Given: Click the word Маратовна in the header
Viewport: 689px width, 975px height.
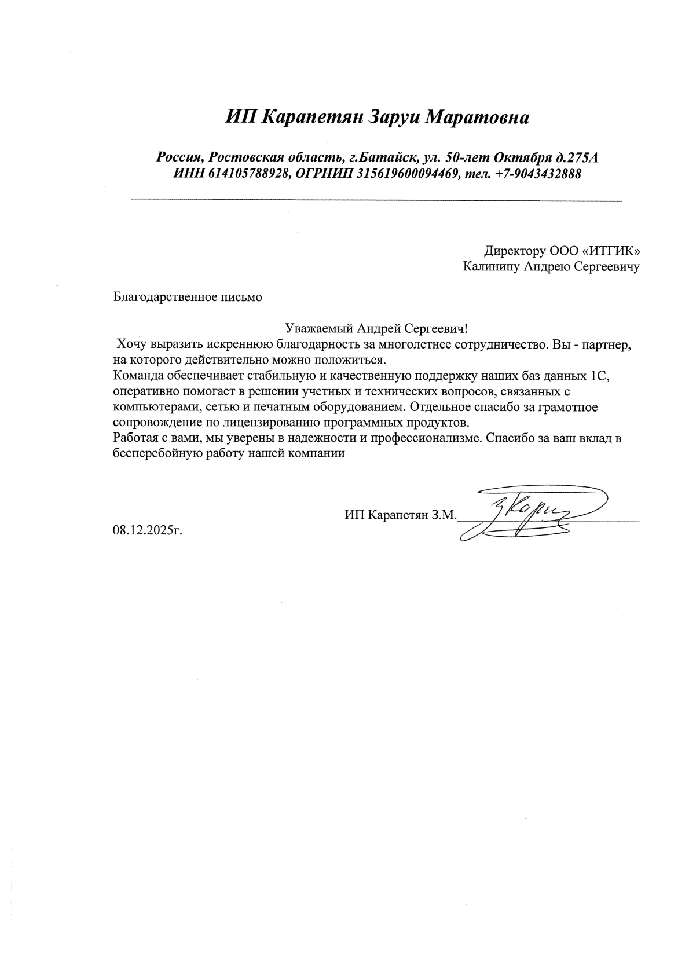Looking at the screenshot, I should tap(477, 118).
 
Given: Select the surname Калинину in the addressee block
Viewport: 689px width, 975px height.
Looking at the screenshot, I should tap(492, 267).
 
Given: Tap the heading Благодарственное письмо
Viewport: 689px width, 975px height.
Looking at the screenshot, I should tap(188, 298).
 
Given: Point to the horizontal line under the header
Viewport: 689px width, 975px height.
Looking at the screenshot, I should tap(376, 200).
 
